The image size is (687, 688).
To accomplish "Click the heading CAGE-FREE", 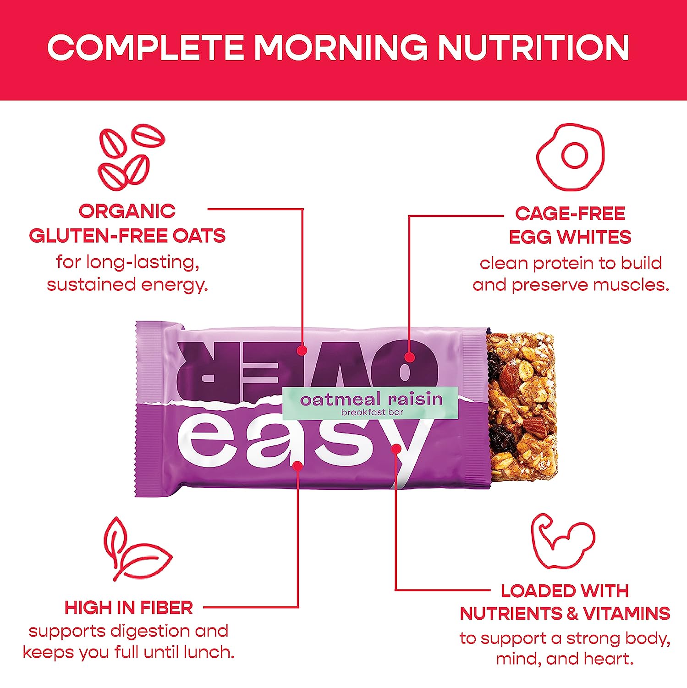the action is (x=570, y=213).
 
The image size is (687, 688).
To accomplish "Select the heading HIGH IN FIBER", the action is (x=129, y=608).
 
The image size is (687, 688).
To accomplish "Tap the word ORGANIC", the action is (x=127, y=211).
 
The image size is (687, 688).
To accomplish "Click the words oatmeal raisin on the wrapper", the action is (x=371, y=399).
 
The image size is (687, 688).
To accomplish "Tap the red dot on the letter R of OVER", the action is (x=301, y=350).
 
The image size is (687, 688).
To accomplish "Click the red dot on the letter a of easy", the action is (x=297, y=466).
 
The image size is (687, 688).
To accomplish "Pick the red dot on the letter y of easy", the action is (x=396, y=449).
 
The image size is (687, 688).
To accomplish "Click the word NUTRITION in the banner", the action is (x=533, y=48).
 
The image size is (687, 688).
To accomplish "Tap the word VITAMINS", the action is (x=627, y=613).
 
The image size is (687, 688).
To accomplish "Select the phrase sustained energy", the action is (x=127, y=285).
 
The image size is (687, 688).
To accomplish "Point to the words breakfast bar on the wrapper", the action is (x=372, y=412).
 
